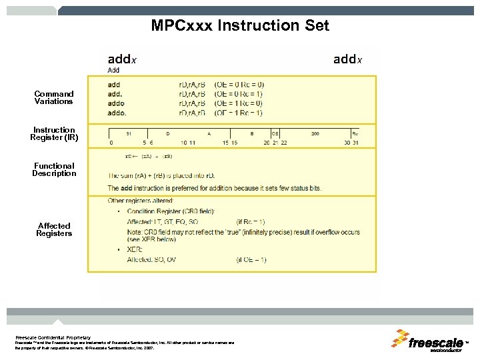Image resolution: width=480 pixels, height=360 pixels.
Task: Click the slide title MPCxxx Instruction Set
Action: tap(240, 26)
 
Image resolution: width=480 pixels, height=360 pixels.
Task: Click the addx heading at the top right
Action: tap(347, 59)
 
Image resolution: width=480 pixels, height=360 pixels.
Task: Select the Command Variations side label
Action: tap(54, 98)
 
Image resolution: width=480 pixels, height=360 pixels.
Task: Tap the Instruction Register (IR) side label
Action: tap(54, 134)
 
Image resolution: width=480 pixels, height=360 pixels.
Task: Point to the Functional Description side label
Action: tap(54, 170)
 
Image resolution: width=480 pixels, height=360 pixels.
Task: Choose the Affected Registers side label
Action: tap(54, 230)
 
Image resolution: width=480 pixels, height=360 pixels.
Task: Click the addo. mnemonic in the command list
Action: tap(117, 113)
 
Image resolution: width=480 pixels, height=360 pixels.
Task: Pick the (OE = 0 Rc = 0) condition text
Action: tap(239, 85)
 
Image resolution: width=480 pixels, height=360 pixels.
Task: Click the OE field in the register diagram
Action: tap(275, 133)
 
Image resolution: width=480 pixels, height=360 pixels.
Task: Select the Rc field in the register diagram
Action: tap(355, 133)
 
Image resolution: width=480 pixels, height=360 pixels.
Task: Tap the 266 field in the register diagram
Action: tap(315, 133)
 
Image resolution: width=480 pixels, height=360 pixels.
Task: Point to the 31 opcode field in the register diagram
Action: tap(128, 133)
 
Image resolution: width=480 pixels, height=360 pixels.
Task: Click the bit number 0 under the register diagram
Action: tap(111, 143)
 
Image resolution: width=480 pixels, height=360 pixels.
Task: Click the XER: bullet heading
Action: tap(135, 249)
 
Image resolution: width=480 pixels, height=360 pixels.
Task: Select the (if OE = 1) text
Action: tap(251, 259)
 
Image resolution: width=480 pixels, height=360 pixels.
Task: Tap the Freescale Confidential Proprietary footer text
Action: tap(53, 337)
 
